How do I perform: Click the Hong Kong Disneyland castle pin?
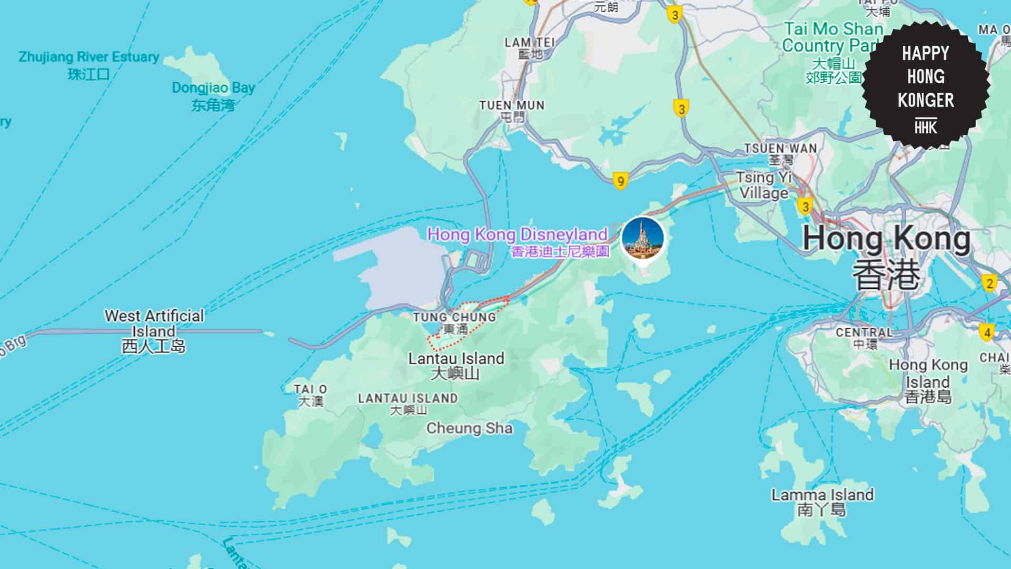point(642,238)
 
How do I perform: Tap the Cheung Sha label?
point(469,428)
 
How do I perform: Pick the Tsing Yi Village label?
point(764,185)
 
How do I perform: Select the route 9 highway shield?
point(621,182)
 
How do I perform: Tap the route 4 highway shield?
point(986,333)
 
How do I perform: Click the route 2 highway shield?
point(989,283)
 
